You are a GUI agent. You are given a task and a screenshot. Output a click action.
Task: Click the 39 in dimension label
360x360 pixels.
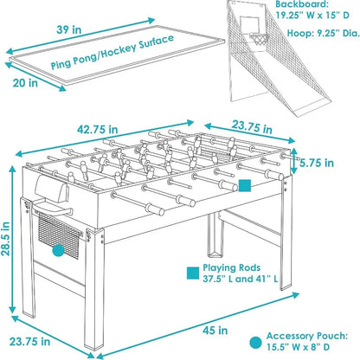click(x=68, y=29)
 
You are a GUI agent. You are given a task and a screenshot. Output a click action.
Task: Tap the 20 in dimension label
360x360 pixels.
click(x=25, y=83)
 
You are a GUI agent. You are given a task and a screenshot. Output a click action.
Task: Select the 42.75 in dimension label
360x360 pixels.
click(x=98, y=129)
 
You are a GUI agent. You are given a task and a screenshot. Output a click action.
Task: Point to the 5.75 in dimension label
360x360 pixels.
click(x=317, y=163)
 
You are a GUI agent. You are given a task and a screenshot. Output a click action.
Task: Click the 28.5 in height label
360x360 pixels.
click(x=5, y=239)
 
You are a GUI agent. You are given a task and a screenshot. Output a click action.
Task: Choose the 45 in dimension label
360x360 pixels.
click(x=215, y=330)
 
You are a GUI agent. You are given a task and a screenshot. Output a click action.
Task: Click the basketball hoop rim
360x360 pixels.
click(x=259, y=36)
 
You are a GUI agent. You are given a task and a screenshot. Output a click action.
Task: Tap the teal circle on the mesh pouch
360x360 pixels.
click(x=58, y=250)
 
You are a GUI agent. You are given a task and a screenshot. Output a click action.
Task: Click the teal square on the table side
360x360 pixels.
click(x=245, y=185)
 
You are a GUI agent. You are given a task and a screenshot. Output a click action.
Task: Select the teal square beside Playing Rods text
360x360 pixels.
click(x=193, y=273)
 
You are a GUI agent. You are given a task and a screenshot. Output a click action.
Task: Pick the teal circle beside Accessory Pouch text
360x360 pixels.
click(x=255, y=343)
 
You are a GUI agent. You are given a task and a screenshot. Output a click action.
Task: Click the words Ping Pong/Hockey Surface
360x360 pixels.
click(x=112, y=52)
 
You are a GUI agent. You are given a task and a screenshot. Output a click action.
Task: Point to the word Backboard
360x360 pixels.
click(x=302, y=4)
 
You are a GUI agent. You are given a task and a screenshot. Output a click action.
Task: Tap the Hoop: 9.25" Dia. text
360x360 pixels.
click(x=323, y=33)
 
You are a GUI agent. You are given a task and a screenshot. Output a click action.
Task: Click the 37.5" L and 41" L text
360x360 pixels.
click(x=241, y=279)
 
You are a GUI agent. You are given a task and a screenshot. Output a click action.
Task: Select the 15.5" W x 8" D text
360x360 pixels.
click(x=298, y=347)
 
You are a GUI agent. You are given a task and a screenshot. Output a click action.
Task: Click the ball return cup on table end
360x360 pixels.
click(x=52, y=188)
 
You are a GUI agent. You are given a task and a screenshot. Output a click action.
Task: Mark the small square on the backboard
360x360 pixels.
click(x=250, y=23)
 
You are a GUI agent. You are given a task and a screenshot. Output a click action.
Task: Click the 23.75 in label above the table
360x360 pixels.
click(x=252, y=127)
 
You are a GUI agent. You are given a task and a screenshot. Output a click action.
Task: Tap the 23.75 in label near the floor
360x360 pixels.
click(x=29, y=342)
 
